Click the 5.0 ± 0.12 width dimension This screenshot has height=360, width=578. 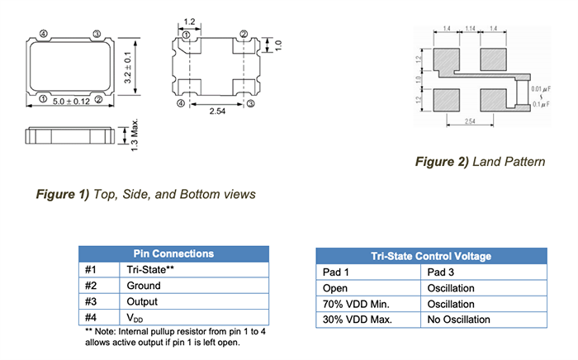tap(69, 101)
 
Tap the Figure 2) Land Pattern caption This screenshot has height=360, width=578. tap(479, 161)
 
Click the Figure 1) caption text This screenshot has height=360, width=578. tap(145, 194)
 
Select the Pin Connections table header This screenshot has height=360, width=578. tap(173, 253)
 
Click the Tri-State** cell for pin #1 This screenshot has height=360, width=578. tap(152, 270)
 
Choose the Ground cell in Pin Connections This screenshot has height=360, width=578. tap(144, 286)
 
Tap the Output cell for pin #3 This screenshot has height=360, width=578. tap(143, 301)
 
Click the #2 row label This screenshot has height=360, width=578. tap(92, 286)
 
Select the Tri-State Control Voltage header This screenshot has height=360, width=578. tap(431, 256)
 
